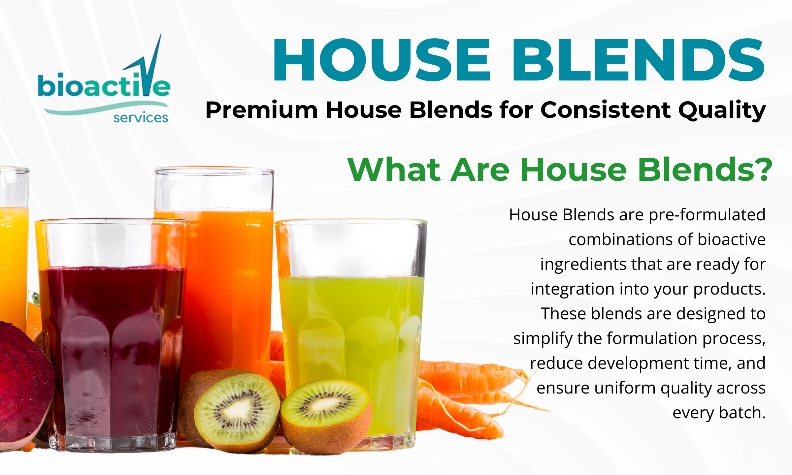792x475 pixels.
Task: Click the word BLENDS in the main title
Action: [638, 60]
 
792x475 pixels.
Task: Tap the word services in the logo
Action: [141, 118]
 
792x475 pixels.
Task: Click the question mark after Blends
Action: [763, 170]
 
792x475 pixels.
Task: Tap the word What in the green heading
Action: [394, 170]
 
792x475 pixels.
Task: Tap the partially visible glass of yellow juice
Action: [14, 251]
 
